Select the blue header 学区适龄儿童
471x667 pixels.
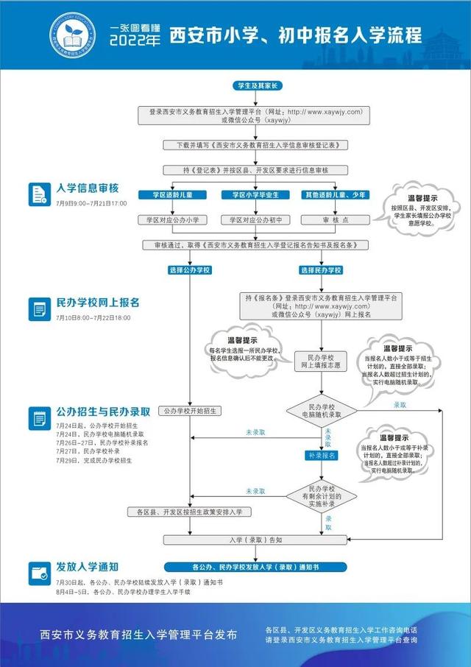173,195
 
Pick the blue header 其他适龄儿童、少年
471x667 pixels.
335,195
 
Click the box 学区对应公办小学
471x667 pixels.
173,219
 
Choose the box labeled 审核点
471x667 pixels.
335,219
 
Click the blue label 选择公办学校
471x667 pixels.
190,270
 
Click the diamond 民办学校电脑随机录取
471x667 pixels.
322,410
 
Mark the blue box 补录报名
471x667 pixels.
322,456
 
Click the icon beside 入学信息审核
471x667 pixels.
39,193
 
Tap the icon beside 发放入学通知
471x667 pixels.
39,572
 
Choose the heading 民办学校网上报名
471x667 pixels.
98,303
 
